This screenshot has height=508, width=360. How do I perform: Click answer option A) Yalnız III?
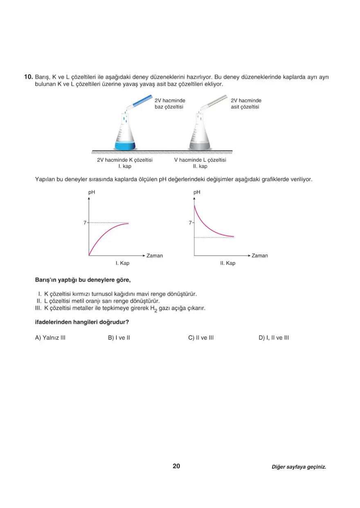[50, 338]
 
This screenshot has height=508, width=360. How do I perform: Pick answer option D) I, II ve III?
[274, 338]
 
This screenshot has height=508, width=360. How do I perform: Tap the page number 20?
[176, 466]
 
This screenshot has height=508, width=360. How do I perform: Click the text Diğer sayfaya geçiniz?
[299, 467]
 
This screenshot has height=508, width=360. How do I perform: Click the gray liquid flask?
[200, 135]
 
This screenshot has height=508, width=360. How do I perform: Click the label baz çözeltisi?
[169, 107]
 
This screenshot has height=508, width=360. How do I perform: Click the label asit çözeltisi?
[245, 107]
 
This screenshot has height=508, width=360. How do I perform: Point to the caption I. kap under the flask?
[125, 166]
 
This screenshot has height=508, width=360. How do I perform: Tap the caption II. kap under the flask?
[200, 166]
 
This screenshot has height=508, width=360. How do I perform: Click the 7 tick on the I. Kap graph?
[85, 223]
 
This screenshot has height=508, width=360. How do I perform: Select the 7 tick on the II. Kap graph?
[190, 223]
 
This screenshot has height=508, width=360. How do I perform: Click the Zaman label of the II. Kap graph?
[260, 256]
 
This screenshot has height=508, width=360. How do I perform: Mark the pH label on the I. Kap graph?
[92, 192]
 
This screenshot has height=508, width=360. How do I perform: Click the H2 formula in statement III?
[153, 309]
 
